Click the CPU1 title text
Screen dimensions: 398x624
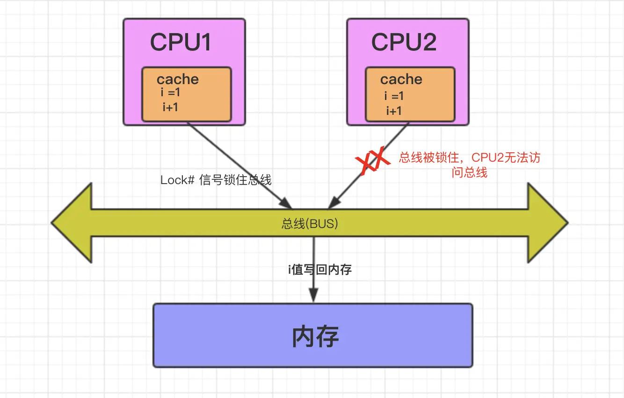pyautogui.click(x=181, y=43)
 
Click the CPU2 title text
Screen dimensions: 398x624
pyautogui.click(x=404, y=43)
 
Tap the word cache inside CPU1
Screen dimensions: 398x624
pyautogui.click(x=177, y=79)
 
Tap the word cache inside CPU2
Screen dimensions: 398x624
pyautogui.click(x=401, y=79)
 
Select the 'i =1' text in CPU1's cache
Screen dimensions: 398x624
pyautogui.click(x=170, y=93)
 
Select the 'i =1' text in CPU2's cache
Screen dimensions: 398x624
pyautogui.click(x=393, y=96)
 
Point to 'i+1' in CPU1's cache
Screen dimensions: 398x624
pyautogui.click(x=170, y=107)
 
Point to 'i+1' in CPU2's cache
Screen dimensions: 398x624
pyautogui.click(x=393, y=111)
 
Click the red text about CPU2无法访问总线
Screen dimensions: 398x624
pyautogui.click(x=469, y=165)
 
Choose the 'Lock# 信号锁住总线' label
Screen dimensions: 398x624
pyautogui.click(x=216, y=180)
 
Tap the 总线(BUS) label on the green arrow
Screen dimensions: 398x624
pyautogui.click(x=310, y=224)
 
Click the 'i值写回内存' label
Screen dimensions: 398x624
pyautogui.click(x=319, y=270)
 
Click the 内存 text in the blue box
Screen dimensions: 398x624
pyautogui.click(x=315, y=336)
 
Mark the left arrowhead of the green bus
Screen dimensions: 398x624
pyautogui.click(x=70, y=223)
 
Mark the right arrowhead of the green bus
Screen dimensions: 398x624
pyautogui.click(x=548, y=223)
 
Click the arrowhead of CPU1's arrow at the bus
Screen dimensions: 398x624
pyautogui.click(x=286, y=203)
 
